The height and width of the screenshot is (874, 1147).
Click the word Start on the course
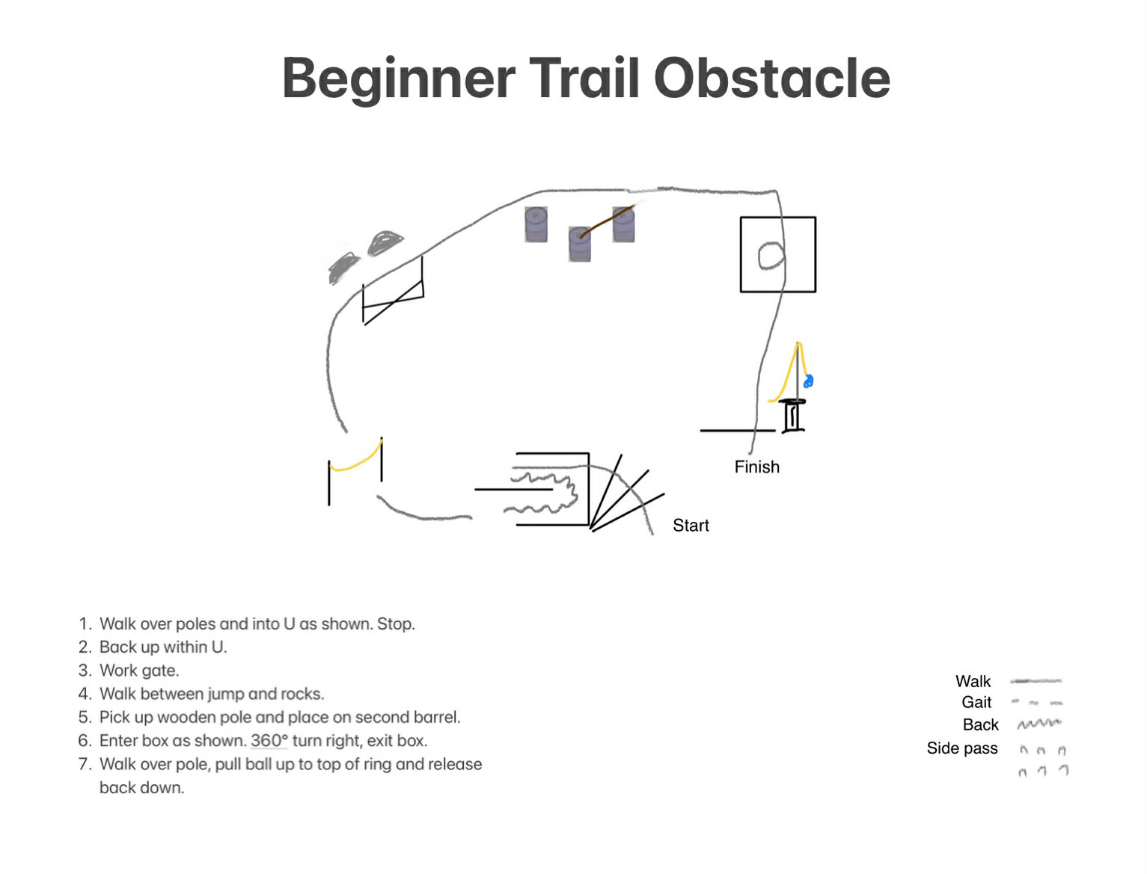pyautogui.click(x=691, y=525)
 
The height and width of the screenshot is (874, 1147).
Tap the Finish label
pyautogui.click(x=756, y=467)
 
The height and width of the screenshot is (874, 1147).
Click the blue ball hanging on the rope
pyautogui.click(x=808, y=381)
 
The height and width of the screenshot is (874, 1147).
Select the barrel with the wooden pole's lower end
pyautogui.click(x=580, y=244)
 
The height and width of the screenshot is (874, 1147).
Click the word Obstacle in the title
pyautogui.click(x=772, y=79)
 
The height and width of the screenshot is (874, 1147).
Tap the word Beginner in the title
pyautogui.click(x=399, y=79)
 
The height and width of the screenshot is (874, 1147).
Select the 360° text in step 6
pyautogui.click(x=269, y=740)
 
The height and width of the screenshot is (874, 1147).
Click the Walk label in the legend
pyautogui.click(x=973, y=681)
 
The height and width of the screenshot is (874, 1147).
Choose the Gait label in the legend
pyautogui.click(x=976, y=702)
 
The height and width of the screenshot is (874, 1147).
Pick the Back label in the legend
pyautogui.click(x=980, y=724)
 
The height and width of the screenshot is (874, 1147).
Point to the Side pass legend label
pyautogui.click(x=962, y=748)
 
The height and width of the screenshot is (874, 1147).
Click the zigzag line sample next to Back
pyautogui.click(x=1039, y=724)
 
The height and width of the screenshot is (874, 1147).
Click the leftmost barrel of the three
pyautogui.click(x=536, y=224)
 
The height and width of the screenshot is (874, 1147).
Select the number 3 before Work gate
pyautogui.click(x=83, y=671)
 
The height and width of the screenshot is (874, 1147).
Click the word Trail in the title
pyautogui.click(x=584, y=79)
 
